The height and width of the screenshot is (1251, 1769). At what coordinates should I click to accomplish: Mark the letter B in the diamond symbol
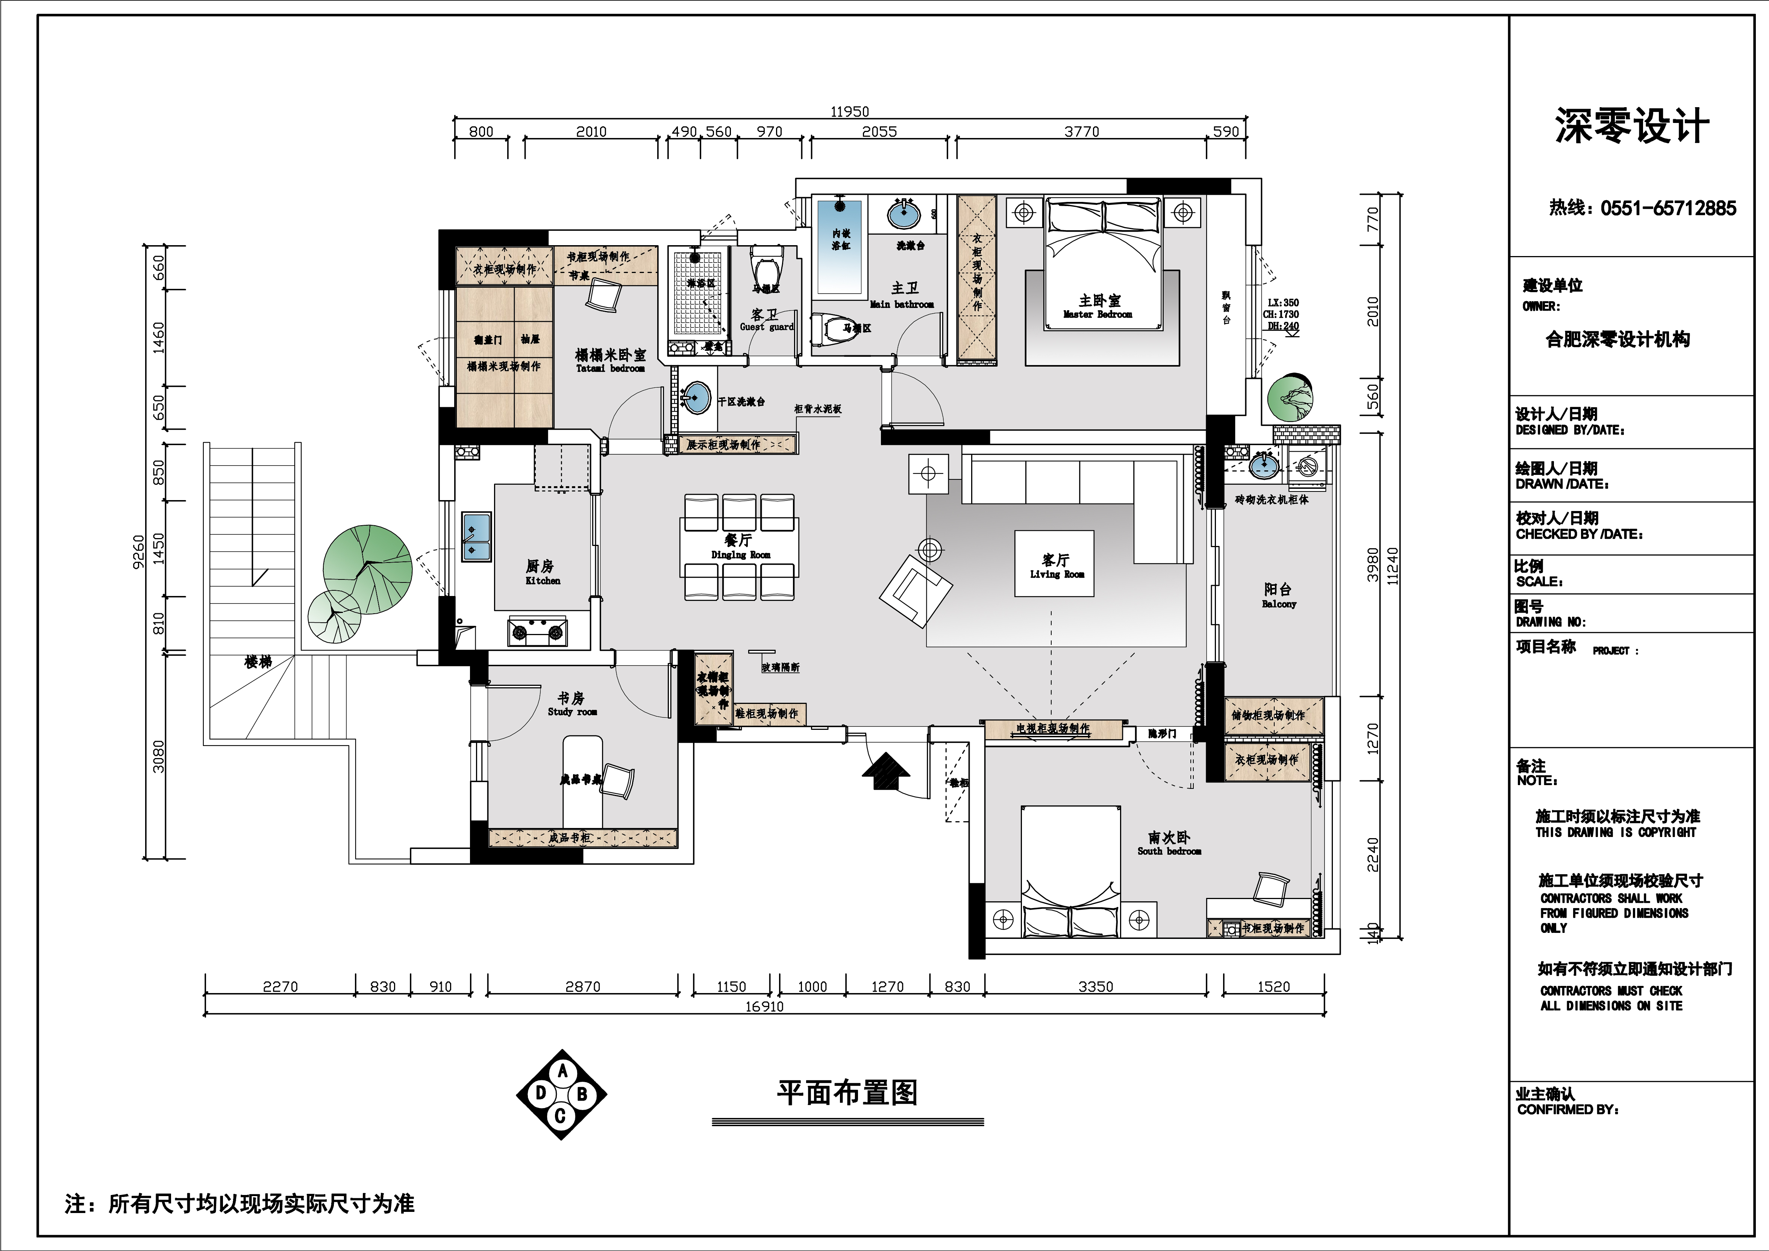coord(582,1094)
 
